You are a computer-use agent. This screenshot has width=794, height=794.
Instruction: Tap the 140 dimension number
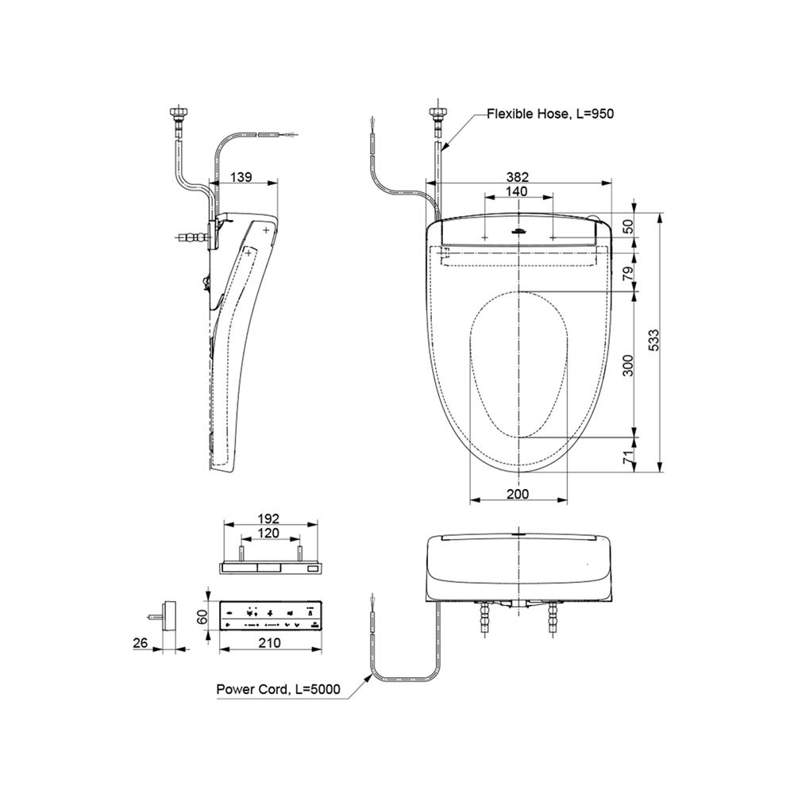[517, 191]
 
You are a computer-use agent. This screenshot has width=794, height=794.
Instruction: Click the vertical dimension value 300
[627, 364]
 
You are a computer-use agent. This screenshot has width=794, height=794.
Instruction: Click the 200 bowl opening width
[518, 494]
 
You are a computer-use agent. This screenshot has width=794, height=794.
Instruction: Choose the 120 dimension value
[268, 534]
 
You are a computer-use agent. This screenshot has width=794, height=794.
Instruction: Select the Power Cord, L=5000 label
[279, 689]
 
